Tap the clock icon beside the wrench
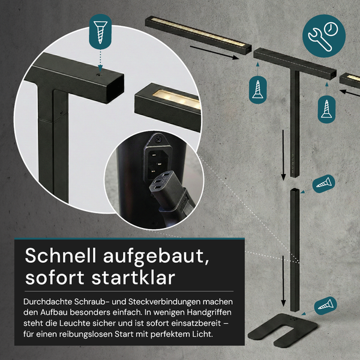(x=331, y=29)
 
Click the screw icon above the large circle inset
(x=100, y=32)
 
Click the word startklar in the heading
(x=133, y=278)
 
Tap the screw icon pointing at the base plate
(x=325, y=305)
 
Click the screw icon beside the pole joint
(x=324, y=184)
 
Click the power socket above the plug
(x=158, y=162)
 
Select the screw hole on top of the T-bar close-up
(x=99, y=75)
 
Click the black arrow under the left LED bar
(x=214, y=52)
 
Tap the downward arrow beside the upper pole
(x=283, y=155)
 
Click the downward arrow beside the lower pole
(x=283, y=281)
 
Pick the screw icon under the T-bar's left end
(x=257, y=90)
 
